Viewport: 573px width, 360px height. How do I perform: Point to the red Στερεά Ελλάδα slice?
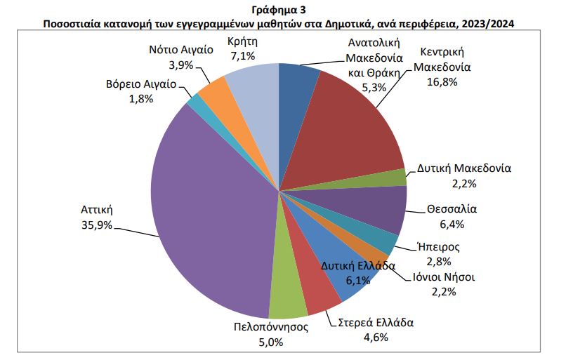click(320, 284)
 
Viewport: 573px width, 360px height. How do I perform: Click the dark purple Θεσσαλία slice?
click(376, 211)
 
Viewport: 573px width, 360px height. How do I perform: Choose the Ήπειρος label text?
click(437, 246)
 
